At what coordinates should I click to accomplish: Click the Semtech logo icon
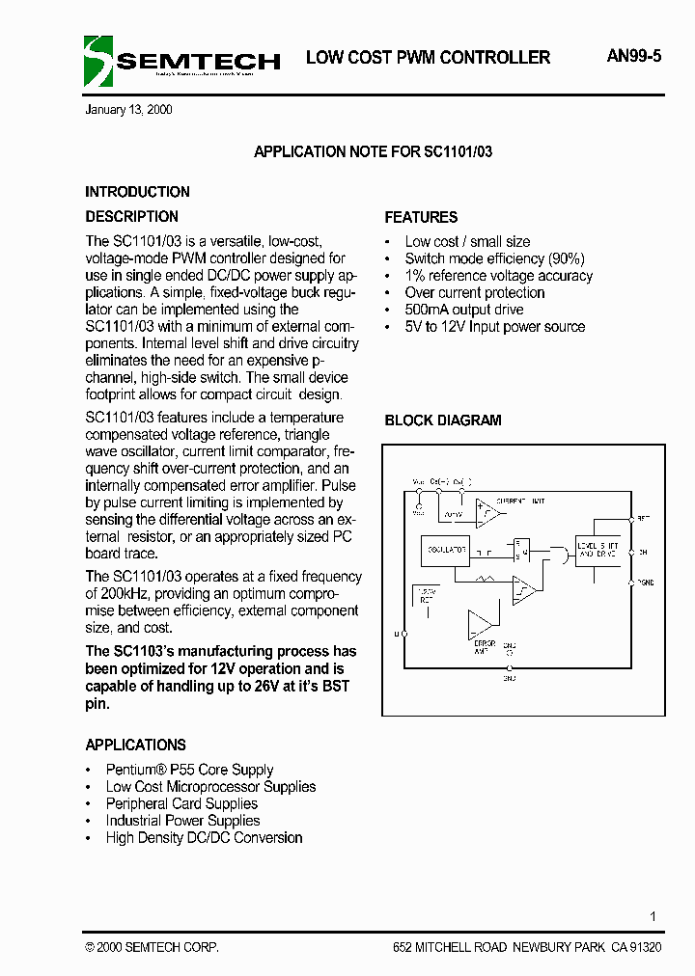(x=98, y=61)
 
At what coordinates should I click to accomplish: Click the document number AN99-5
(x=634, y=57)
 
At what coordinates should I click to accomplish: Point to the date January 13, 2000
(x=129, y=110)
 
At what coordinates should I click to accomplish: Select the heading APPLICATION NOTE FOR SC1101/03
(x=373, y=152)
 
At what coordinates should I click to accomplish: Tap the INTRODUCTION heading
(x=137, y=192)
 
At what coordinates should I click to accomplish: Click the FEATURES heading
(x=421, y=217)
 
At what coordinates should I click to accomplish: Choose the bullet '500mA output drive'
(x=463, y=310)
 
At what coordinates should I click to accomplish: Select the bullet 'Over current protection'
(x=474, y=292)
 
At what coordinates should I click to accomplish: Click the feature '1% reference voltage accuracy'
(x=498, y=276)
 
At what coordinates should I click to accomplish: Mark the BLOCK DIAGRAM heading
(x=443, y=420)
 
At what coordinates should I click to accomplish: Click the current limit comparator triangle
(x=486, y=511)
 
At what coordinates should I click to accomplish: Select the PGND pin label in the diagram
(x=643, y=583)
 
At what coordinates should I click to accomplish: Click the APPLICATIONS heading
(x=135, y=746)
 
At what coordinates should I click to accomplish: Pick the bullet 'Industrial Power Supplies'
(x=182, y=821)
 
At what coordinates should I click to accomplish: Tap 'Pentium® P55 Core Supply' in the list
(x=189, y=770)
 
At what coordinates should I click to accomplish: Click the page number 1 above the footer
(x=653, y=916)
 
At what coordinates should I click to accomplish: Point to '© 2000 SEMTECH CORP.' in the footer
(x=152, y=948)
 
